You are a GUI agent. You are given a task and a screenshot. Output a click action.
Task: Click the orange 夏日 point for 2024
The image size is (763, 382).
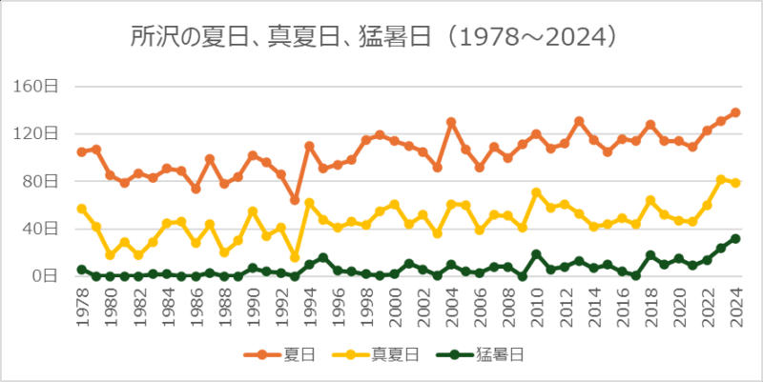tap(735, 112)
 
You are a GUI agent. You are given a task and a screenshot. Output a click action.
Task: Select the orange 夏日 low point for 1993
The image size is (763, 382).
tap(295, 200)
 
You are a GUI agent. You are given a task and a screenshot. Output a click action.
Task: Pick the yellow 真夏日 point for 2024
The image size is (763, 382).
tap(735, 183)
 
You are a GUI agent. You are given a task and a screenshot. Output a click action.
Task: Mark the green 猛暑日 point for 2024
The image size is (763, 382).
tap(735, 238)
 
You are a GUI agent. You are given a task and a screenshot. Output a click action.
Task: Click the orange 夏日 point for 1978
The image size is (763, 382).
tap(81, 151)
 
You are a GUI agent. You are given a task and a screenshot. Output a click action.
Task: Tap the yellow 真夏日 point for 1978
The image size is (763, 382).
tap(81, 209)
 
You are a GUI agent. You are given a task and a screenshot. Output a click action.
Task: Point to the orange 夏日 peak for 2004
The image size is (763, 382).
tap(451, 122)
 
